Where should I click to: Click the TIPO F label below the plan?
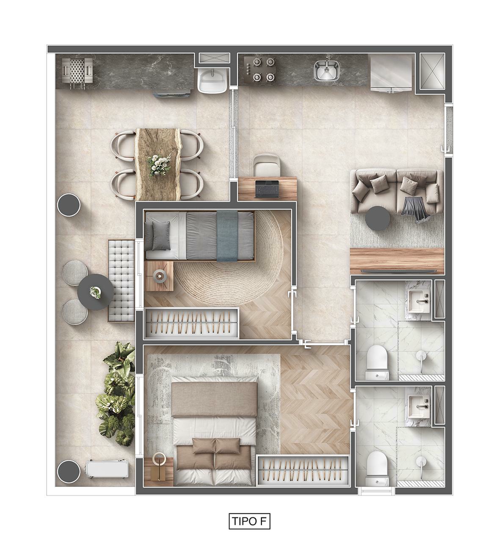(249, 521)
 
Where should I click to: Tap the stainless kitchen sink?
(327, 70)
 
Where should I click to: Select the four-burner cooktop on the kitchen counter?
(261, 69)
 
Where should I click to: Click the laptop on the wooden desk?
(267, 189)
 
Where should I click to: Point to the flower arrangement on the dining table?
(159, 164)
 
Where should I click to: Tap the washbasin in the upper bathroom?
(419, 301)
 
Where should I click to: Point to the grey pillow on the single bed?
(161, 235)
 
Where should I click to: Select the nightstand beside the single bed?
(159, 276)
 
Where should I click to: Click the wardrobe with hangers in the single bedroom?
(192, 323)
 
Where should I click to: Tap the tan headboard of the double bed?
(214, 399)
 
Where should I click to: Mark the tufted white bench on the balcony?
(121, 280)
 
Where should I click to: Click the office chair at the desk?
(267, 165)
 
